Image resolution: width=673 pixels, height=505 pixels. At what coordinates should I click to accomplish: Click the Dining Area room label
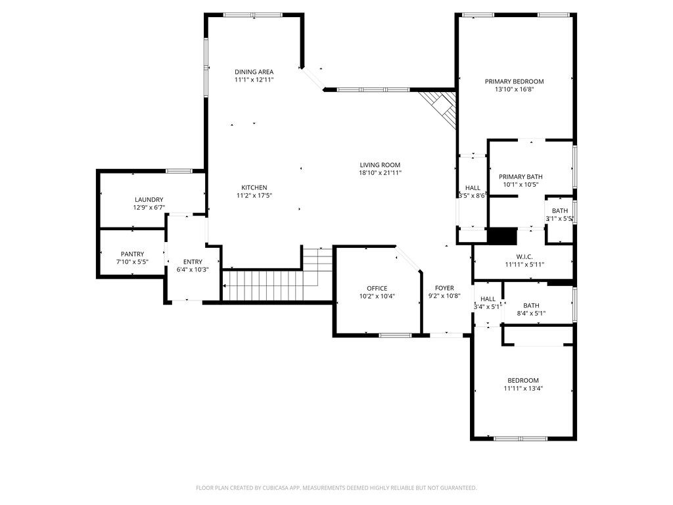tap(254, 72)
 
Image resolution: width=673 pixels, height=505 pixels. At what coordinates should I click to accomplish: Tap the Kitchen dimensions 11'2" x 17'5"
tap(254, 195)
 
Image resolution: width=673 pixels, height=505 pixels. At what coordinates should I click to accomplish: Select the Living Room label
tap(380, 165)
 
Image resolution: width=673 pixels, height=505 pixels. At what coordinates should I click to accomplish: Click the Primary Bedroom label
tap(514, 82)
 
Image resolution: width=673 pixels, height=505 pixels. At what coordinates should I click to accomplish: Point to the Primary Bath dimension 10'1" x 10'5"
tap(521, 185)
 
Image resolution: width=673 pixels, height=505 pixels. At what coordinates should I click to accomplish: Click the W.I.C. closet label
tap(524, 256)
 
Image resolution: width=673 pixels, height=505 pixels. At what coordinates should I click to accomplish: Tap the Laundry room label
tap(149, 200)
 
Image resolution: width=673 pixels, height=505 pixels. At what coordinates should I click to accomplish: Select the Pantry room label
tap(132, 254)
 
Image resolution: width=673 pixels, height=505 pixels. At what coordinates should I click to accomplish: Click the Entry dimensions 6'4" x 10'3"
tap(193, 270)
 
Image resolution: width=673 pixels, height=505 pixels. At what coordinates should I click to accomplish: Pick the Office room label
tap(377, 288)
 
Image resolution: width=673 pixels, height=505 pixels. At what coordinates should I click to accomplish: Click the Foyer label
tap(444, 288)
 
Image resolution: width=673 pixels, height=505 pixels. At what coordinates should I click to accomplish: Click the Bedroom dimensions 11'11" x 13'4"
tap(523, 388)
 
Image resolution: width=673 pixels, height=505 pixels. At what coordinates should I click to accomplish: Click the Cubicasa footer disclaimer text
tap(336, 488)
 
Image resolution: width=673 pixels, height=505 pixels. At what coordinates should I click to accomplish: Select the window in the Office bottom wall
tap(395, 335)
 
